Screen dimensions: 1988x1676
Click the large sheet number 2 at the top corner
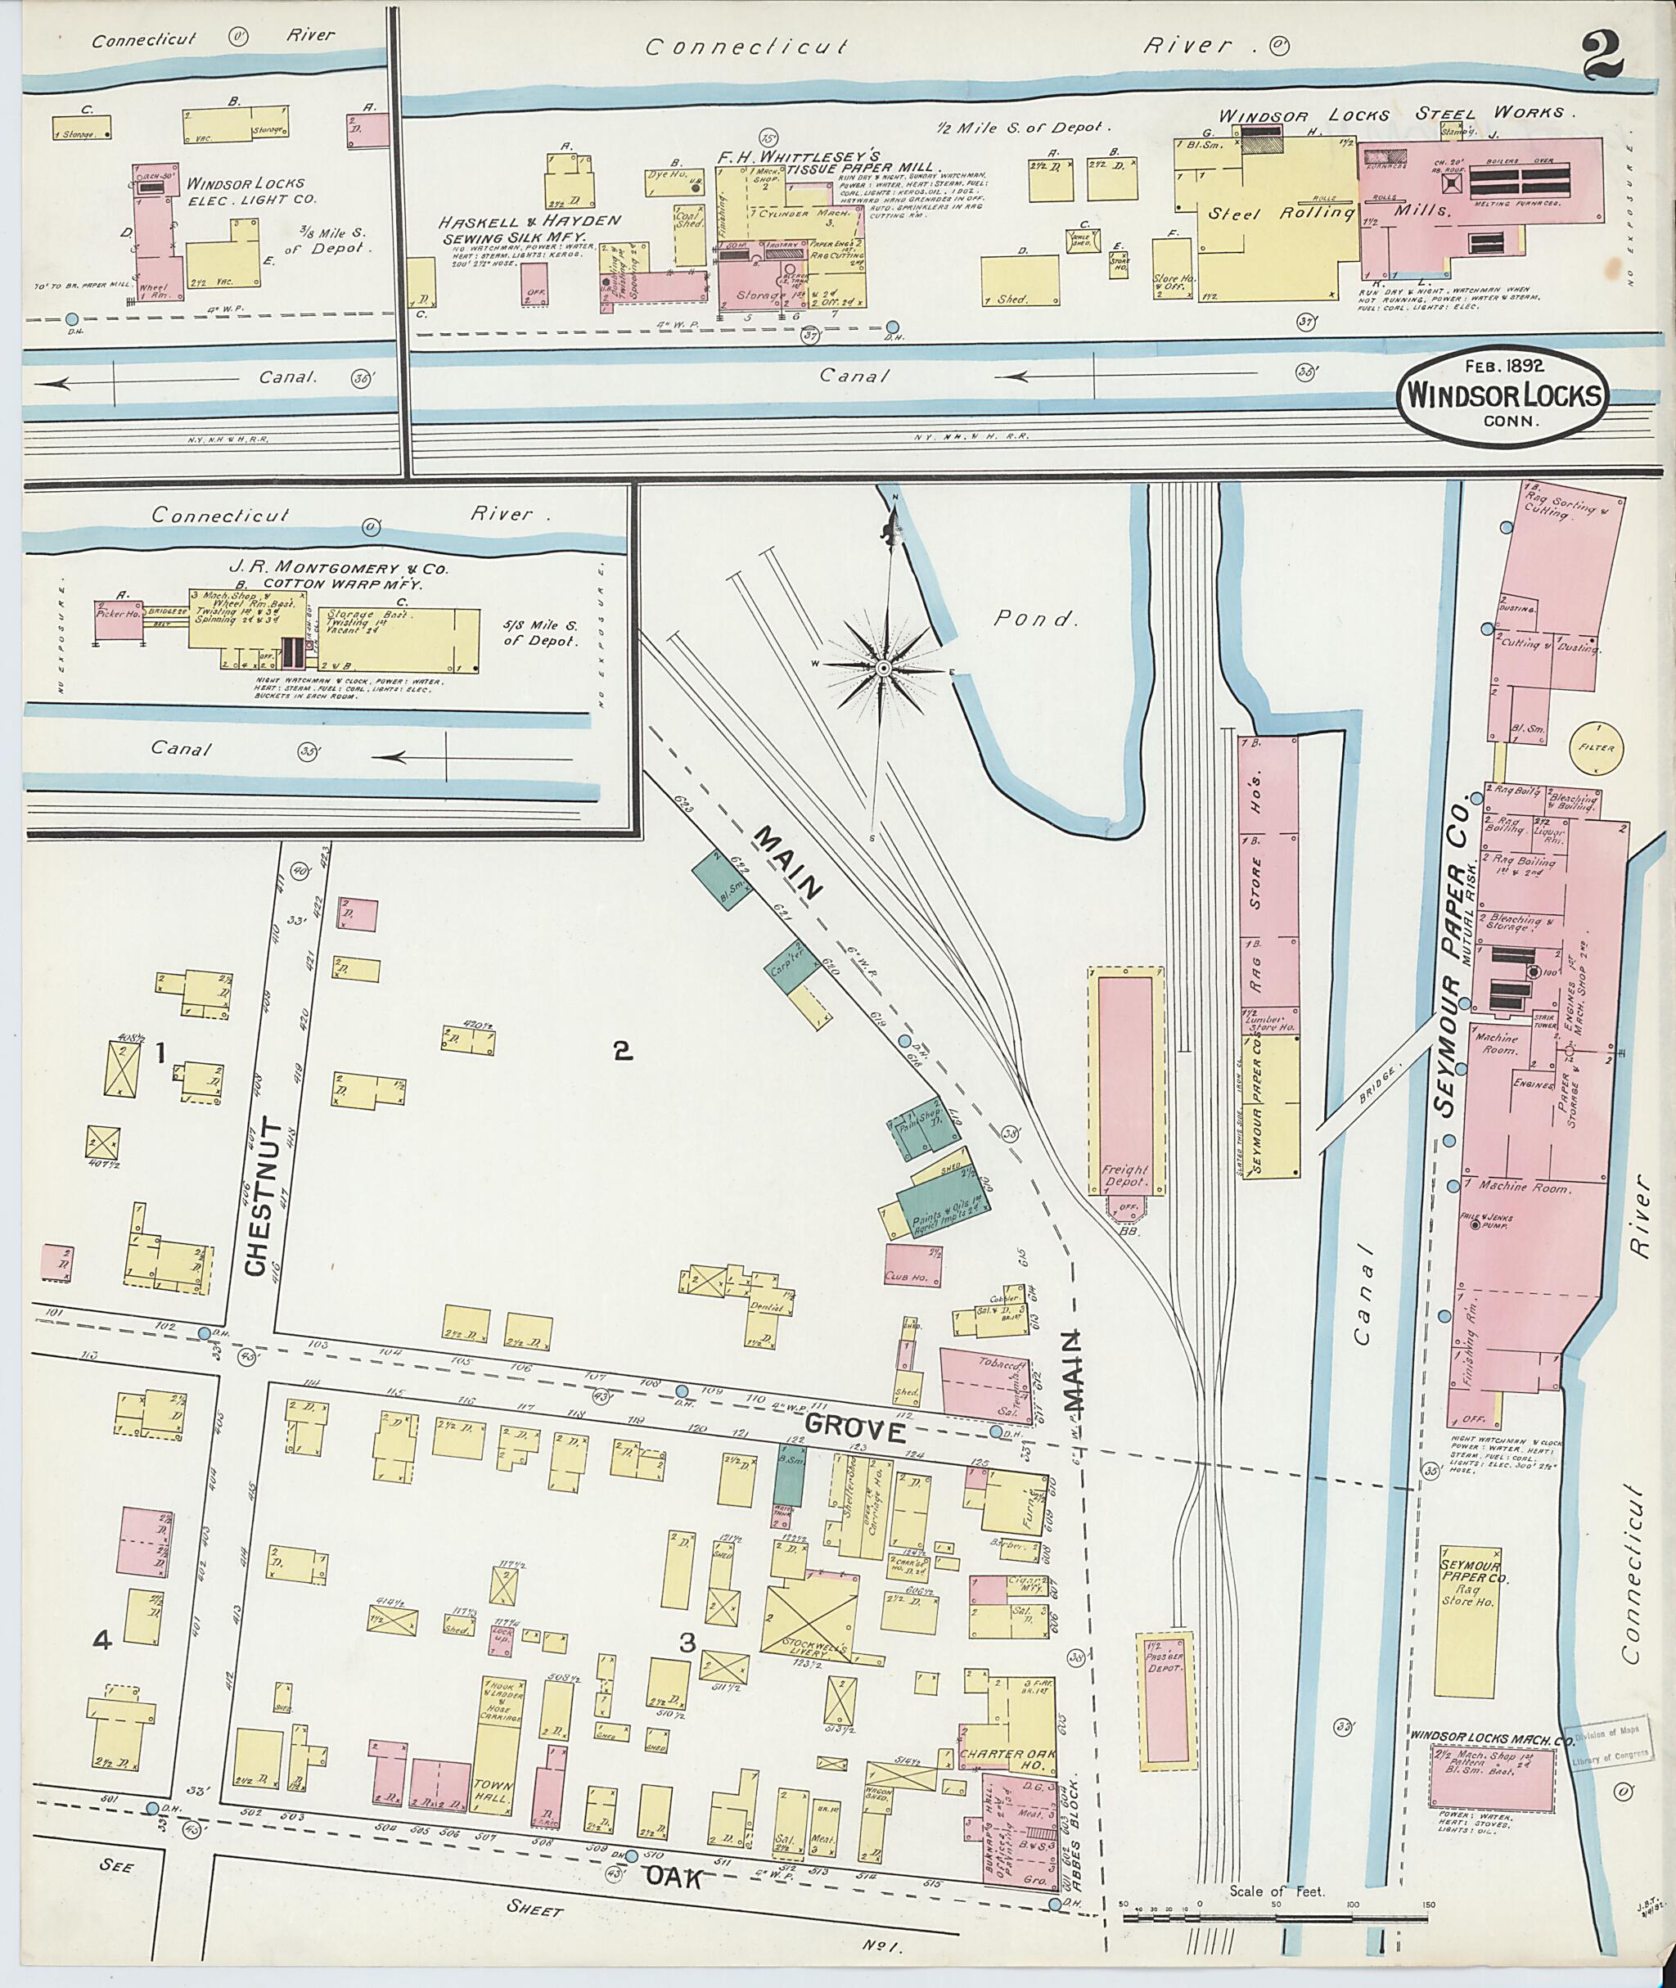coord(1603,57)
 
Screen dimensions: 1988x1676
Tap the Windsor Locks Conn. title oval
coord(1501,394)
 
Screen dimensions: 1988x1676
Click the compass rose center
coord(883,669)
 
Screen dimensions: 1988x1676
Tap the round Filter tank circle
coord(1595,748)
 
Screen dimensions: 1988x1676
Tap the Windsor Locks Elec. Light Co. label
coord(246,191)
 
